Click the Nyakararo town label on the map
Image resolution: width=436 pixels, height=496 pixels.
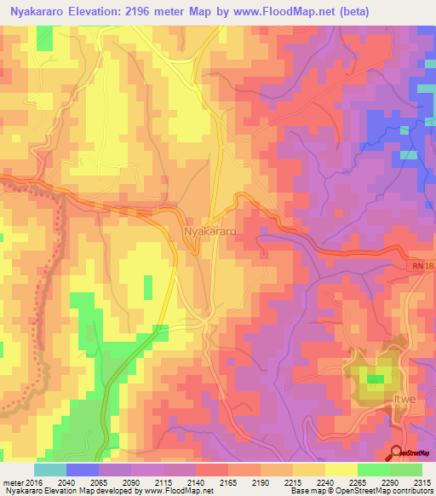tap(209, 231)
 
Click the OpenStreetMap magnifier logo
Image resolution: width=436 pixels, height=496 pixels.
tap(396, 453)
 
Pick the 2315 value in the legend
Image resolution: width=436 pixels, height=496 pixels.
tap(422, 482)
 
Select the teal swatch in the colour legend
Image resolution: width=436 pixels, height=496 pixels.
tap(50, 470)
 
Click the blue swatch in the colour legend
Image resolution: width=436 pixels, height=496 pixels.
tap(83, 470)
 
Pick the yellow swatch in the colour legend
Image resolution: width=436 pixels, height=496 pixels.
tap(341, 470)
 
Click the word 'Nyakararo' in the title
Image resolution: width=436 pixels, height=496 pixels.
tap(43, 12)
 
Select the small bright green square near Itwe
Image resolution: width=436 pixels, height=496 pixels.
tap(375, 379)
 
